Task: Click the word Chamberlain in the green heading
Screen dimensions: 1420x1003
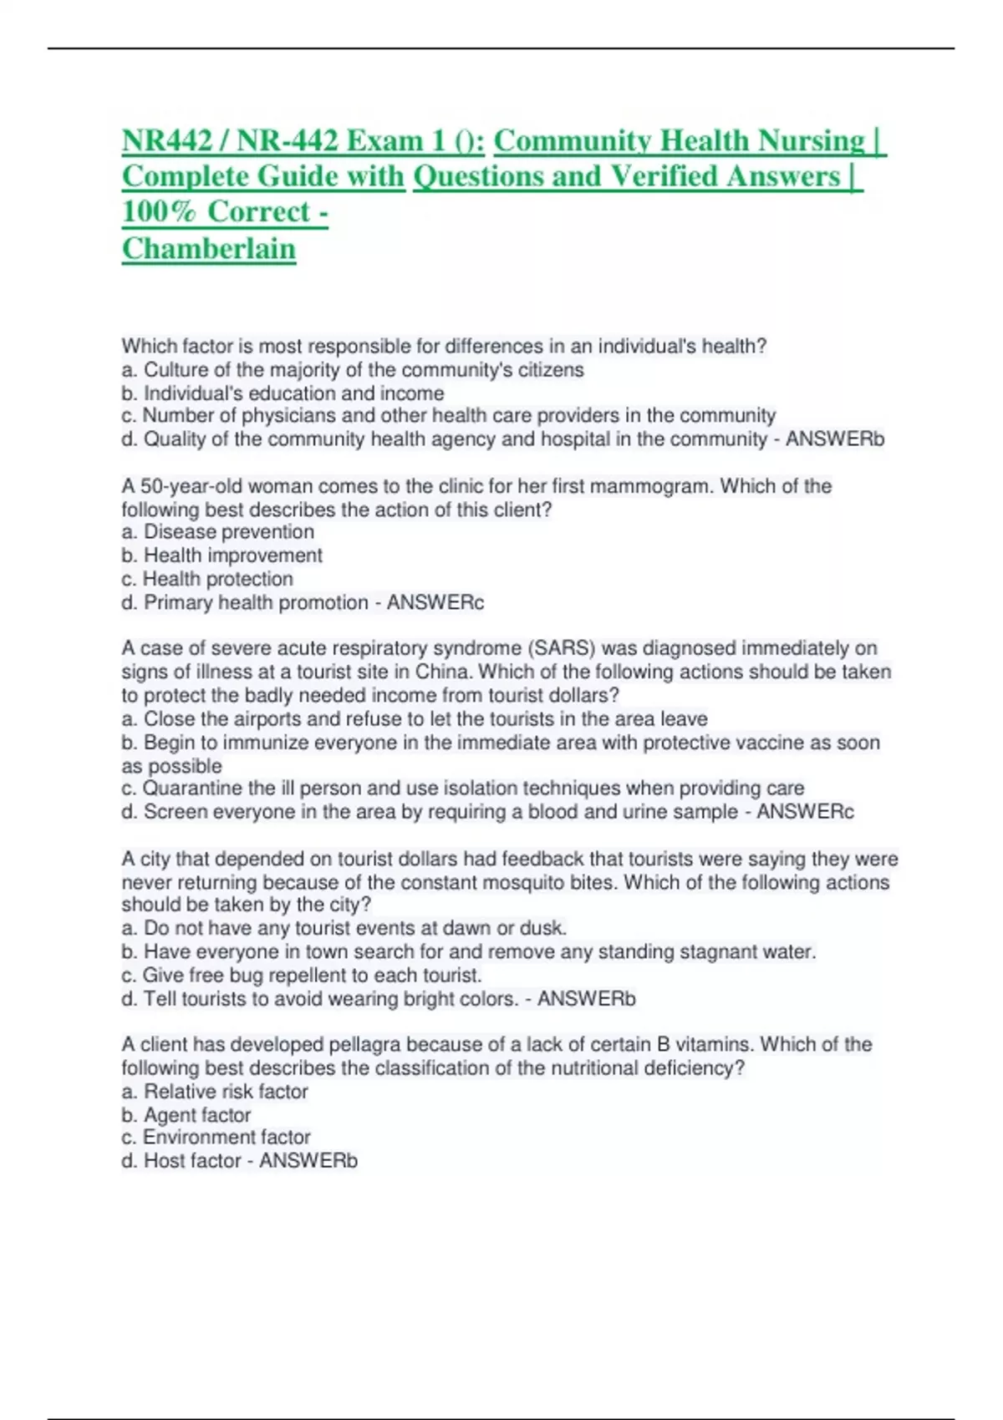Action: [x=209, y=249]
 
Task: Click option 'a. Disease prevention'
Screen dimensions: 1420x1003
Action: [x=217, y=532]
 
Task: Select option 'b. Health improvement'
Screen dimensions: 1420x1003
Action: [x=221, y=555]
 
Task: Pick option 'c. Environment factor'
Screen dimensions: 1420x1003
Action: [x=216, y=1138]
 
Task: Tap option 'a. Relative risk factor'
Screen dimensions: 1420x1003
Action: [x=215, y=1092]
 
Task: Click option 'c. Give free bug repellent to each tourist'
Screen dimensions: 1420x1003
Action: [x=302, y=975]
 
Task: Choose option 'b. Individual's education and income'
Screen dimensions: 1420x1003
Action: [x=283, y=393]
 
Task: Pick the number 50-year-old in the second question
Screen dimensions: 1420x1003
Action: [x=191, y=486]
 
